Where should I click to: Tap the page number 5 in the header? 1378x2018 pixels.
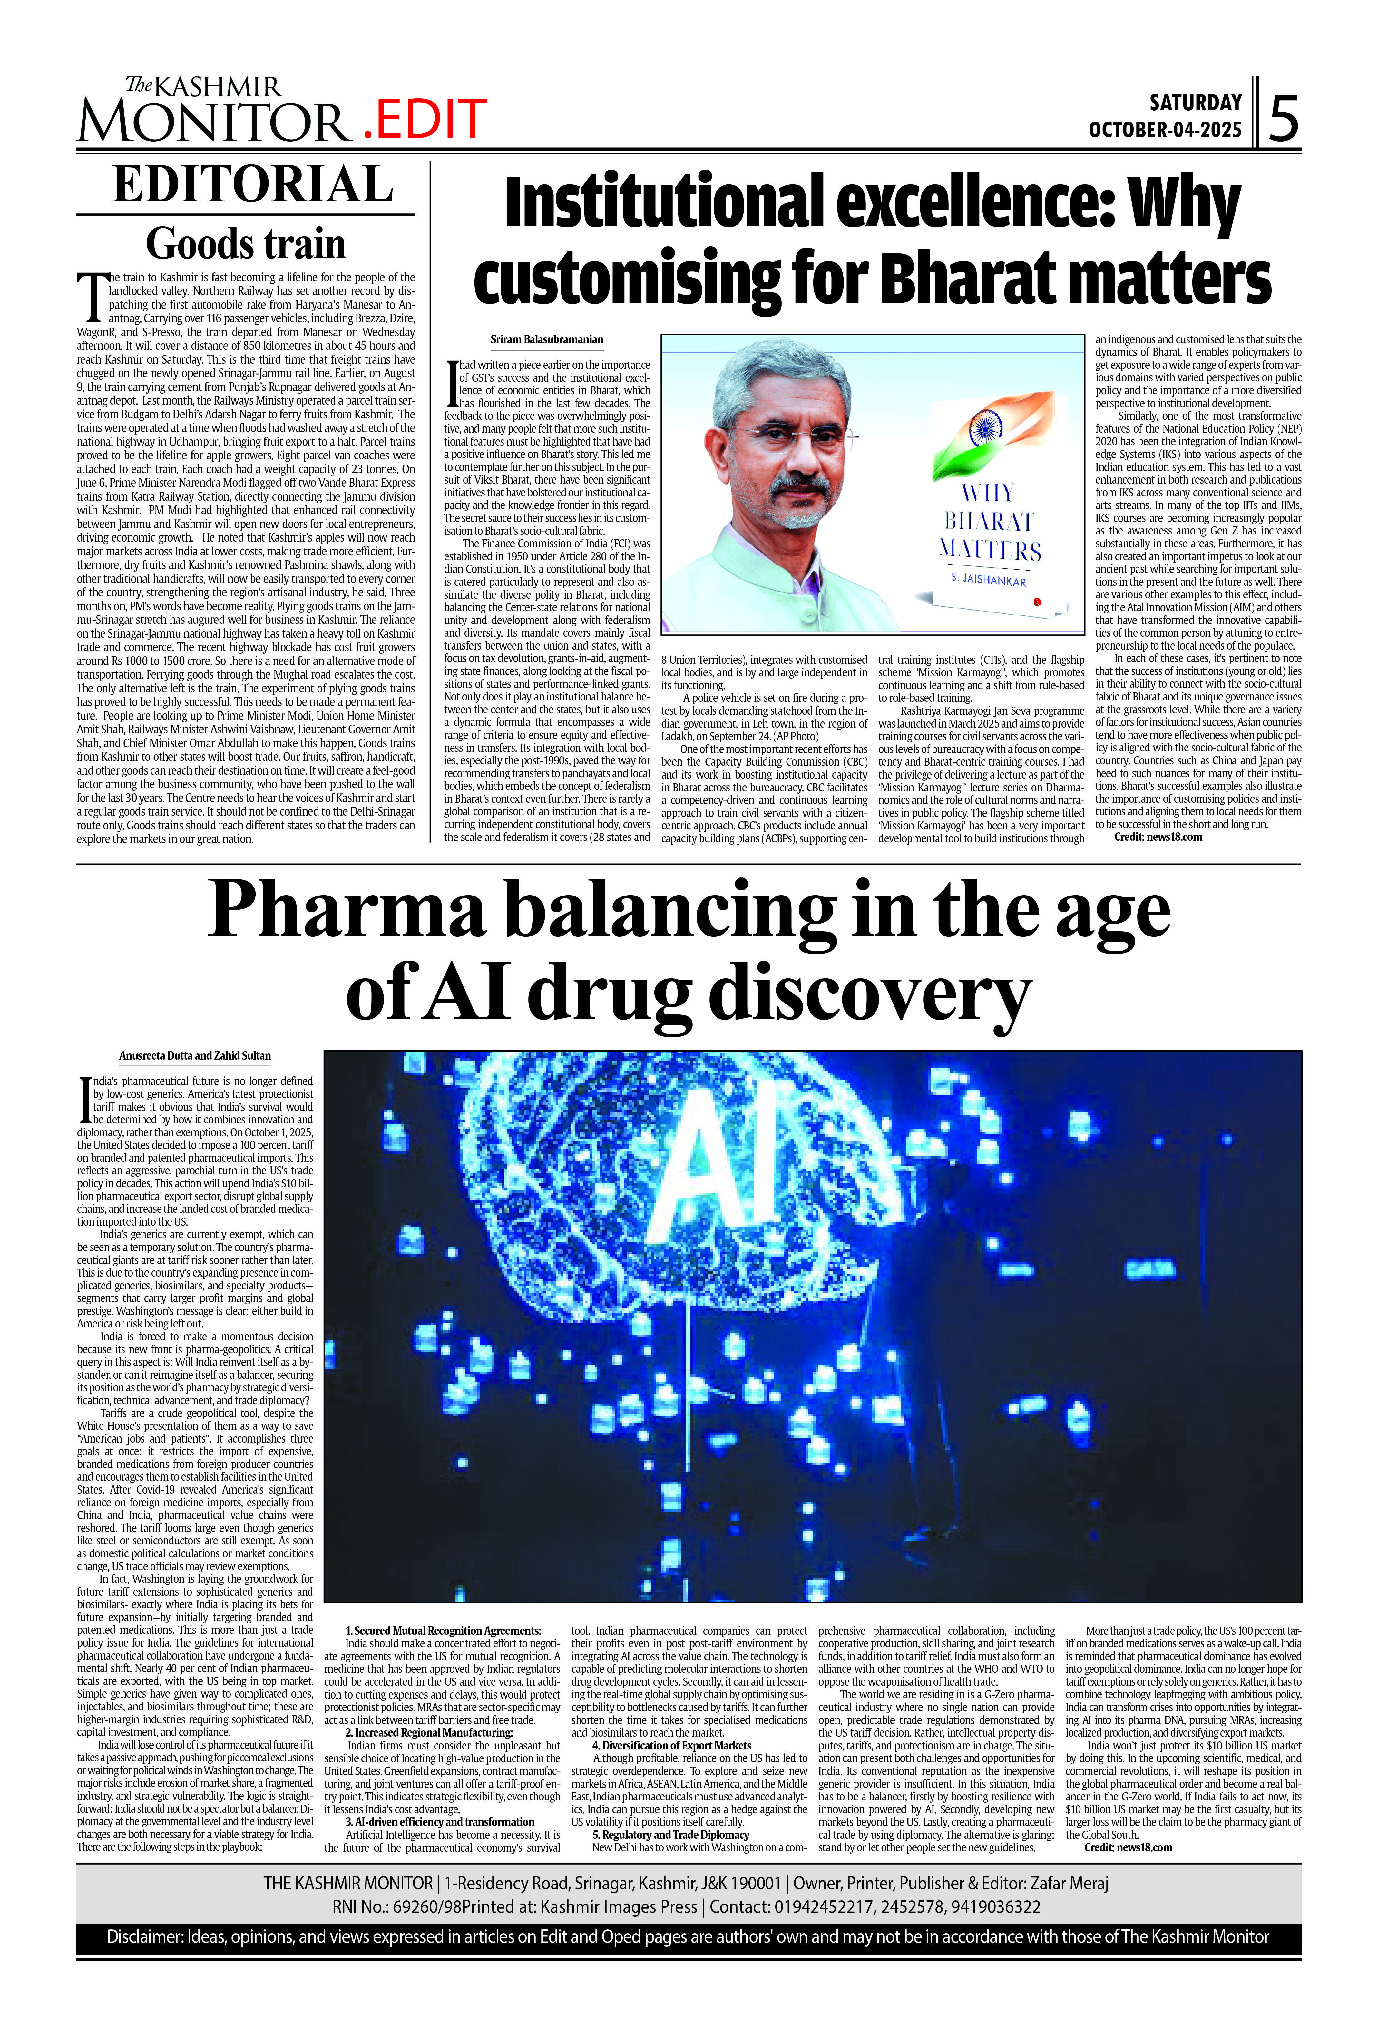click(x=1283, y=119)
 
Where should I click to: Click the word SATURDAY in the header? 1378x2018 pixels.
click(x=1196, y=103)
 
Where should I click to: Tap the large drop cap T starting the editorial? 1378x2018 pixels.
click(x=91, y=296)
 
